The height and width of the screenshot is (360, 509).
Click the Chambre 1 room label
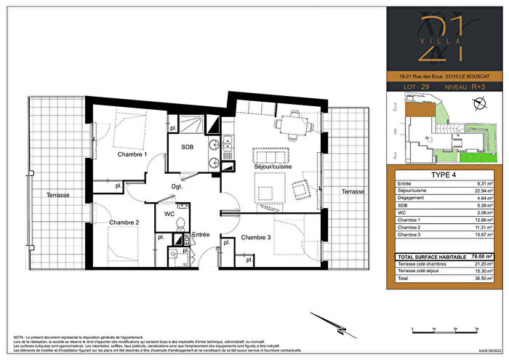coord(132,155)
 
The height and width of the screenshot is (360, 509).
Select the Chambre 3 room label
coord(257,238)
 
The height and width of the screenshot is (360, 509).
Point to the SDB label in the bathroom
coord(186,146)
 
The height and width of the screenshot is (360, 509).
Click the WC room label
coord(169,215)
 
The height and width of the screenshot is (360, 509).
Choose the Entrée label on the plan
coord(201,235)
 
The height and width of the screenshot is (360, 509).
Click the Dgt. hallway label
coord(177,186)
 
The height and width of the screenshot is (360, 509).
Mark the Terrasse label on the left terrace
coord(59,195)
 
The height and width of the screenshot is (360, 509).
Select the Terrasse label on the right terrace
coord(353,191)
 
